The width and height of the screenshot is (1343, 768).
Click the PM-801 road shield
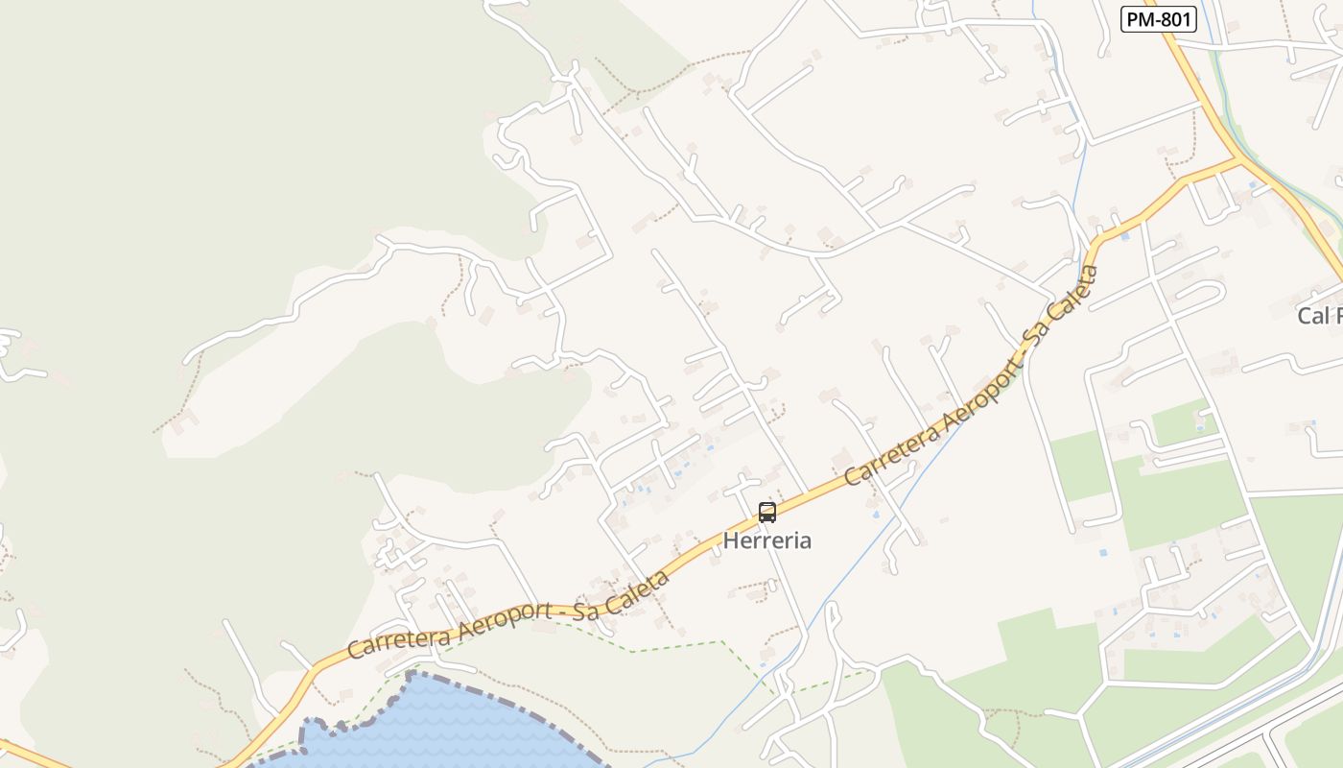1158,19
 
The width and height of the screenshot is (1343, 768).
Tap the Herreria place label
766,540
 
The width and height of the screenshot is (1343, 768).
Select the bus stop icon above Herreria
766,512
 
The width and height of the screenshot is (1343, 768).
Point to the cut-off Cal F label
1319,315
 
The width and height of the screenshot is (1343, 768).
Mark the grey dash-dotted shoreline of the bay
499,706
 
